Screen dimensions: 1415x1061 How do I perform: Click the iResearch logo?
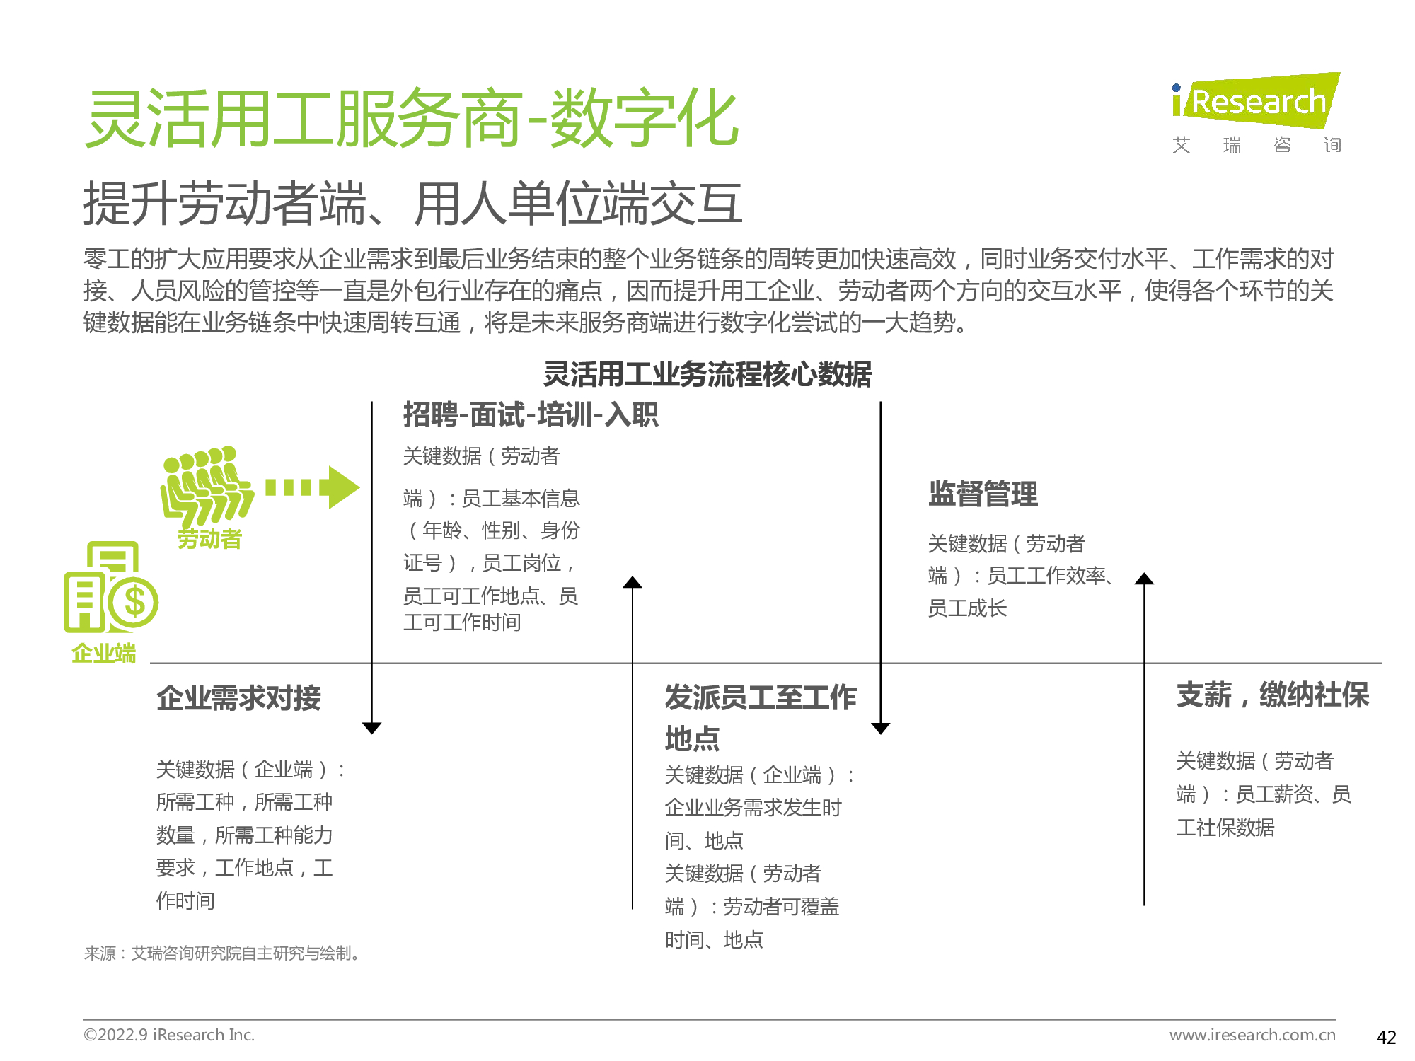point(1256,113)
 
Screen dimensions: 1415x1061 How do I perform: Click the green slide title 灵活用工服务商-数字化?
point(412,119)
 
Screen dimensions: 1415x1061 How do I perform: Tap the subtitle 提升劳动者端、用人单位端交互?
point(413,204)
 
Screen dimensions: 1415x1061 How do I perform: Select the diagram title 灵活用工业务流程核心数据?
point(707,374)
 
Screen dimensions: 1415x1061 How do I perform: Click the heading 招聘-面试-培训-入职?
point(531,414)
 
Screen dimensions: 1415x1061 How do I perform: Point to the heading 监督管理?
point(983,494)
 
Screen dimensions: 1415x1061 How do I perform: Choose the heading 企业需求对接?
point(238,698)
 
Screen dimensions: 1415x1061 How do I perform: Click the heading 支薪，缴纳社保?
point(1273,695)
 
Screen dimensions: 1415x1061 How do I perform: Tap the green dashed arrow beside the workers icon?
point(313,487)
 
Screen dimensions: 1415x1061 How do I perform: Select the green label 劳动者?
point(209,539)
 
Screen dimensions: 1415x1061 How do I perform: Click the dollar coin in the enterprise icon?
point(134,603)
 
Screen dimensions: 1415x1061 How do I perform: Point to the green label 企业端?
point(103,653)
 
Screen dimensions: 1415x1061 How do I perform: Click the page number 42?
point(1386,1037)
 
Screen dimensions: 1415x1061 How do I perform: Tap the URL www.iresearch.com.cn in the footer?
point(1252,1035)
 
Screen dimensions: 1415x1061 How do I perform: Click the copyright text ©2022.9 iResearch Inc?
point(169,1035)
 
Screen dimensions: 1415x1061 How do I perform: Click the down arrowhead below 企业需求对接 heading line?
point(371,728)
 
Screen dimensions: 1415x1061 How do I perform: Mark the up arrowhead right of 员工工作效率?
point(1144,579)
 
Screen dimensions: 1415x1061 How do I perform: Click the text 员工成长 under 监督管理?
point(967,608)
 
